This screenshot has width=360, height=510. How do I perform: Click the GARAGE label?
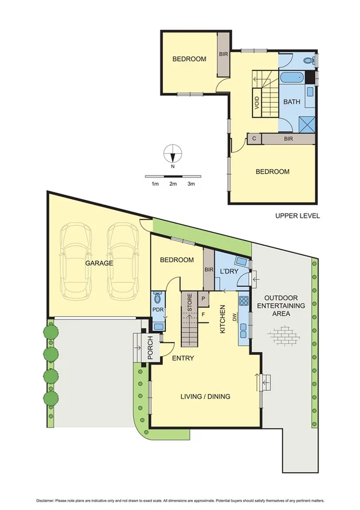pos(99,263)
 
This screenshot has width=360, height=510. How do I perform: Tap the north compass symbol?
pos(172,153)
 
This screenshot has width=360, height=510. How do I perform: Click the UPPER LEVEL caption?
pos(297,216)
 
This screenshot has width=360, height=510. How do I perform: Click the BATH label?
pos(291,102)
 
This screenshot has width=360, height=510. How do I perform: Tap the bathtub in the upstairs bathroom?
pos(291,78)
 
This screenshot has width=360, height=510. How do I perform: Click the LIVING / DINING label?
pos(206,396)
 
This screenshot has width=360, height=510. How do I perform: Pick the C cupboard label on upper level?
pos(254,139)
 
